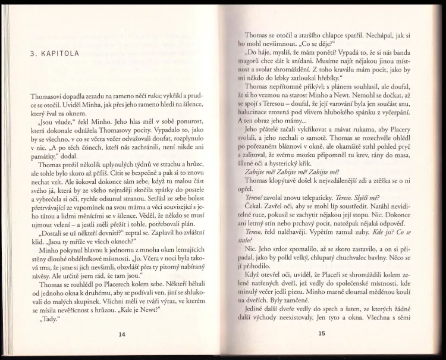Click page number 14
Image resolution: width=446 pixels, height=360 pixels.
click(123, 334)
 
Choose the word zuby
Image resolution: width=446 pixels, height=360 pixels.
click(354, 231)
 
